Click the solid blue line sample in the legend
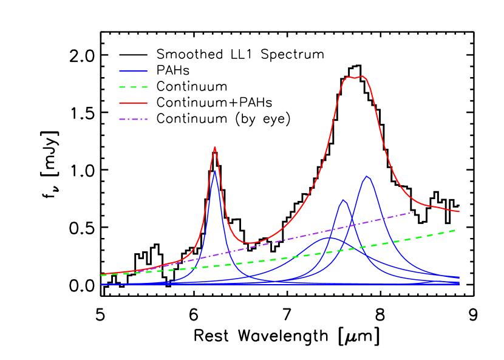[x=133, y=70]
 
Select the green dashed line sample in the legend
[x=133, y=87]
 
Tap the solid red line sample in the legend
[x=133, y=103]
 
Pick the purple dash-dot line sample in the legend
[x=133, y=119]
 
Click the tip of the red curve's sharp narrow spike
[x=214, y=147]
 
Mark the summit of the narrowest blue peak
[x=215, y=171]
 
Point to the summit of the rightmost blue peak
[x=367, y=177]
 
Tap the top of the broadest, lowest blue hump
[x=327, y=237]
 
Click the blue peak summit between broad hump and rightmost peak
[x=343, y=200]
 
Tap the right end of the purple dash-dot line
[x=414, y=212]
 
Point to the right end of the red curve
[x=459, y=212]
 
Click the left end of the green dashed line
[x=101, y=275]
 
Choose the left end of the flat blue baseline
[x=101, y=284]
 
